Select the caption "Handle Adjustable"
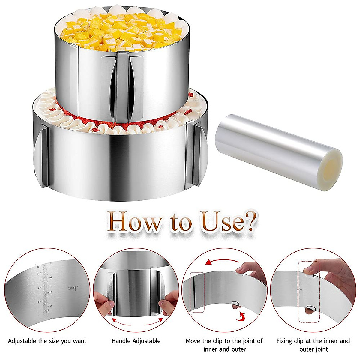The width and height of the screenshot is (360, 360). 136,341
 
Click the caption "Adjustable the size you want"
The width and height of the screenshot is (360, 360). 47,341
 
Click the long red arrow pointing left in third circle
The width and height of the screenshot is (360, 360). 222,262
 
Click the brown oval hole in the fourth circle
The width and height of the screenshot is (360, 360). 309,310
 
